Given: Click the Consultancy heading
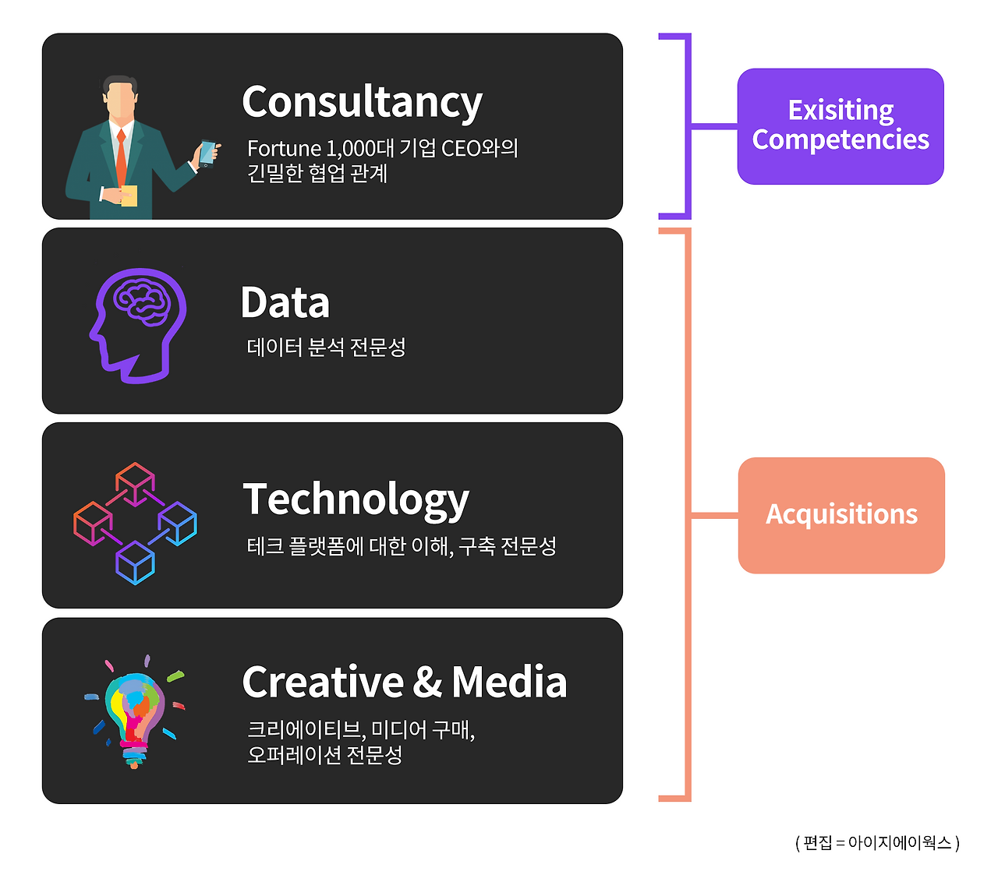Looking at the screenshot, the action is coord(362,102).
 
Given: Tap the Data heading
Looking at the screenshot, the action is coord(285,302).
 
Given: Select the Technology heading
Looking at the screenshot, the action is coord(356,501).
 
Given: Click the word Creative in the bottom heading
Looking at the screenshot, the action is coord(323,682).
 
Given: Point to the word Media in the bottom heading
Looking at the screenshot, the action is coord(509,682).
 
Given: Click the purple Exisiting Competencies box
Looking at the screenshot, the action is coord(841,126).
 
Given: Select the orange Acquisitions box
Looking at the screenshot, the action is coord(841,515).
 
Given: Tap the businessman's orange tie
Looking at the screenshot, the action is coord(121,157).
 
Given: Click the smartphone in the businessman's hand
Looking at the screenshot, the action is coord(207,153).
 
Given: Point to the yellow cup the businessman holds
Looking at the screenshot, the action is coord(129,196).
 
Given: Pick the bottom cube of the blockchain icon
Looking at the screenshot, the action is coord(135,563).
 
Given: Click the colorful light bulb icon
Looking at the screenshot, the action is coord(135,711).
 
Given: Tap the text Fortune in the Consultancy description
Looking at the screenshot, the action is coord(285,148).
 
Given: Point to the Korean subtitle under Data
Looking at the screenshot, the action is coord(326,347).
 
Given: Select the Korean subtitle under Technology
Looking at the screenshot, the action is coord(402,546).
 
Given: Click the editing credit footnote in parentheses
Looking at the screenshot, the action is coord(877,843).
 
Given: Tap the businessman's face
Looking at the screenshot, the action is coord(120,100).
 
